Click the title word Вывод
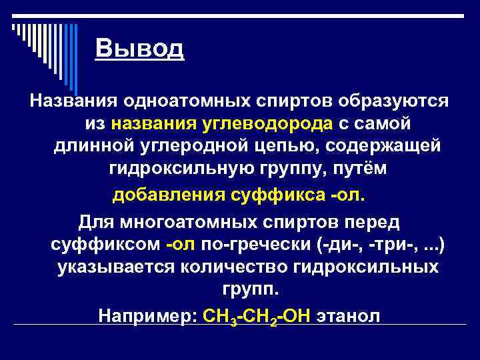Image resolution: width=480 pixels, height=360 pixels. pos(139,49)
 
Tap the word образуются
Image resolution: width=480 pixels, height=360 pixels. pos(393,103)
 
